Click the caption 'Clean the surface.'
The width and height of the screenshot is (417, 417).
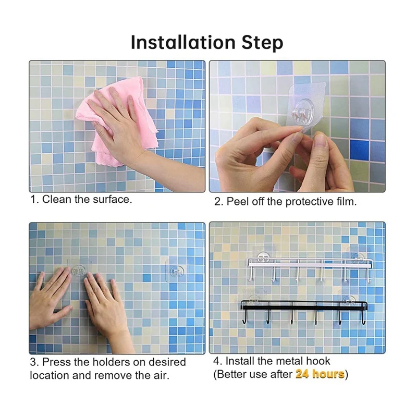click(87, 199)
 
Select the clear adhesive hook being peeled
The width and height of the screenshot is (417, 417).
click(302, 112)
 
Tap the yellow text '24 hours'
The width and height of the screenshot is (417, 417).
click(320, 374)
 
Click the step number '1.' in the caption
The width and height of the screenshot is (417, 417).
click(34, 199)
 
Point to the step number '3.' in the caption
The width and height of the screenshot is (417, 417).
click(34, 362)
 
